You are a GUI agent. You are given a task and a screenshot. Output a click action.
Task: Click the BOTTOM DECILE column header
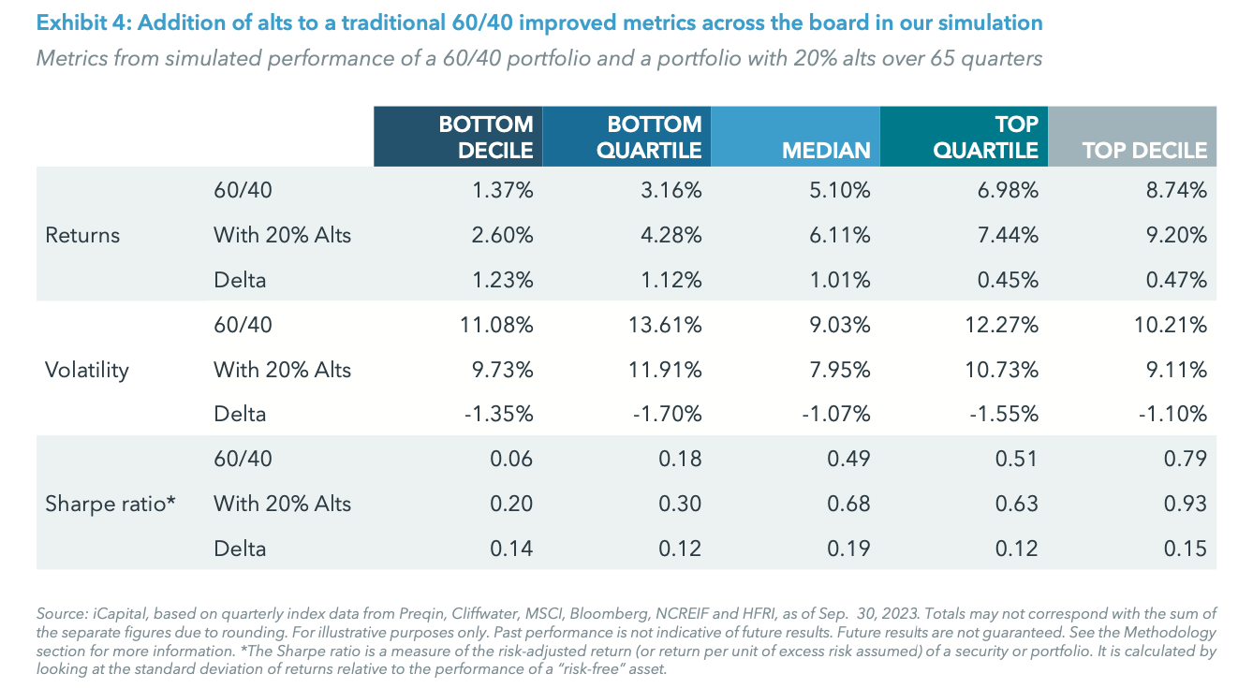458,137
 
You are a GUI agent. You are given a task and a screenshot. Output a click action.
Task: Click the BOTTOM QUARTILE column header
626,137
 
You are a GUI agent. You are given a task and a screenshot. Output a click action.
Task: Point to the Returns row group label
82,235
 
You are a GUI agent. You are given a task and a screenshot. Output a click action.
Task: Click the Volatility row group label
86,370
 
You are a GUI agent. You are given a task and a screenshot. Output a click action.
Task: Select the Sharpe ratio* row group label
111,504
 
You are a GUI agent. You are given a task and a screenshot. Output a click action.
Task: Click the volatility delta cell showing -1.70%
666,414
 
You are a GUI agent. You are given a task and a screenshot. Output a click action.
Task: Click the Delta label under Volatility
240,414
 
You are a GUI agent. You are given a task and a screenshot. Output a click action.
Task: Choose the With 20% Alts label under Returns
282,235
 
